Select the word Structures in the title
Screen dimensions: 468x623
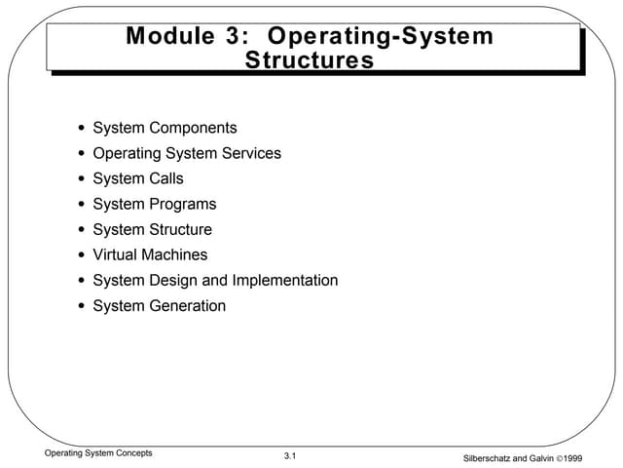[310, 60]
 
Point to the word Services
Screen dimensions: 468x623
[249, 153]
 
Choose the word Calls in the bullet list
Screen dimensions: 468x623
[165, 178]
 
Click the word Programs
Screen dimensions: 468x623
[182, 204]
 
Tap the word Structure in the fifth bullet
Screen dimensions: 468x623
[180, 230]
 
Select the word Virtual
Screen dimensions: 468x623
[115, 254]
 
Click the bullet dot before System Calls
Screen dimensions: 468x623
[81, 179]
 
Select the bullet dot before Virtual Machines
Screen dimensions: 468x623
[81, 255]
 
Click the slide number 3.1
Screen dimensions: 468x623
[290, 457]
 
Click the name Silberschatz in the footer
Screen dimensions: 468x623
[495, 458]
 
